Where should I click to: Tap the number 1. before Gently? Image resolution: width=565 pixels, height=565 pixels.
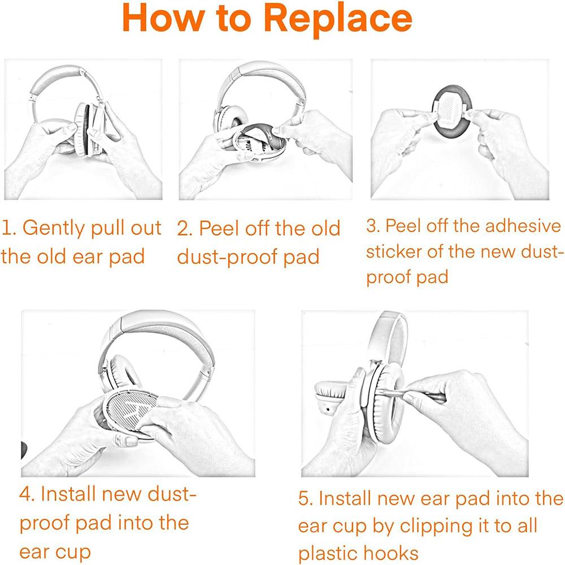tap(7, 228)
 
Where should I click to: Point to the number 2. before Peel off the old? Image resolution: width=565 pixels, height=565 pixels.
tap(184, 228)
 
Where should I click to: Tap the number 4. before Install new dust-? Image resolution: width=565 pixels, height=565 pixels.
tap(27, 494)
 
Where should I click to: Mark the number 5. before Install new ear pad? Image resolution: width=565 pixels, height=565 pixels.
tap(306, 499)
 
